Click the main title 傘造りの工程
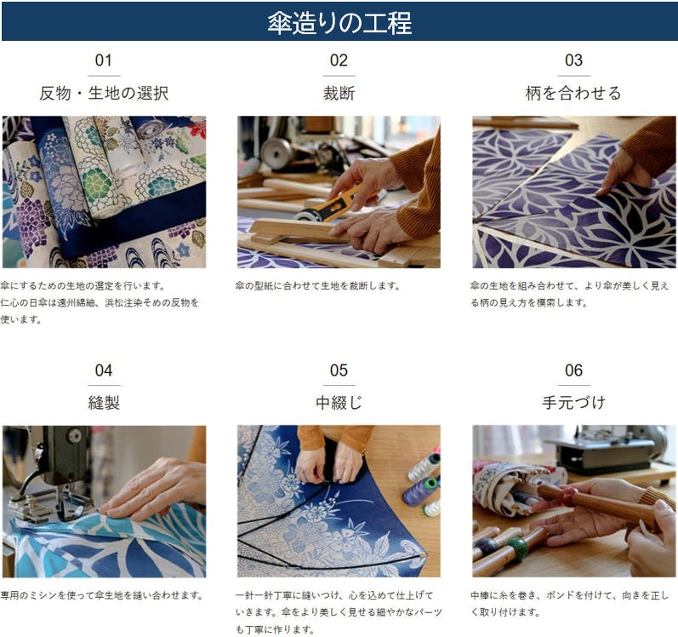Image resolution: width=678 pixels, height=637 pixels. pos(339,22)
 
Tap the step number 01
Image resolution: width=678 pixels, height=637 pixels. pos(104,60)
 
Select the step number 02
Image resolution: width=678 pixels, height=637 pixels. pos(339,60)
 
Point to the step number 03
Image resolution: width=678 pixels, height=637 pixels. pos(574,60)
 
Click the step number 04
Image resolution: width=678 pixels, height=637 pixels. pos(104,370)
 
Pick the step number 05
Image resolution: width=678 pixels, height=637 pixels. pos(339,370)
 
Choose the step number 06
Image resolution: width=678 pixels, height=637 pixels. pos(574,370)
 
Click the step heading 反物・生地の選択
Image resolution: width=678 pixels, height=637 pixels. pos(104,93)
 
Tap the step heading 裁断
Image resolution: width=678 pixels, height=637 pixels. pos(339,93)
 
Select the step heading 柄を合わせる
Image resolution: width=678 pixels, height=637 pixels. pos(573,93)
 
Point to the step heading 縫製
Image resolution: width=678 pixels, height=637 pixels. pos(104,403)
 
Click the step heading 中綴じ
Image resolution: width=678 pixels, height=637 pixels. pos(339,403)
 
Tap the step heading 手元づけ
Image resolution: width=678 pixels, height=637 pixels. pos(573,403)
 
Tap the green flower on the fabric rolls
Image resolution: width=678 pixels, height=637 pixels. pos(97,185)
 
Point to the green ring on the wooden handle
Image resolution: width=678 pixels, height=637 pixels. pos(516,548)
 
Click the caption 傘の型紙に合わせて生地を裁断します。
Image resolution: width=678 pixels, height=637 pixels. pos(318,285)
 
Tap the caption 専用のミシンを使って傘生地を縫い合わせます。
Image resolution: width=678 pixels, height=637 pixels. pos(102,595)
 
